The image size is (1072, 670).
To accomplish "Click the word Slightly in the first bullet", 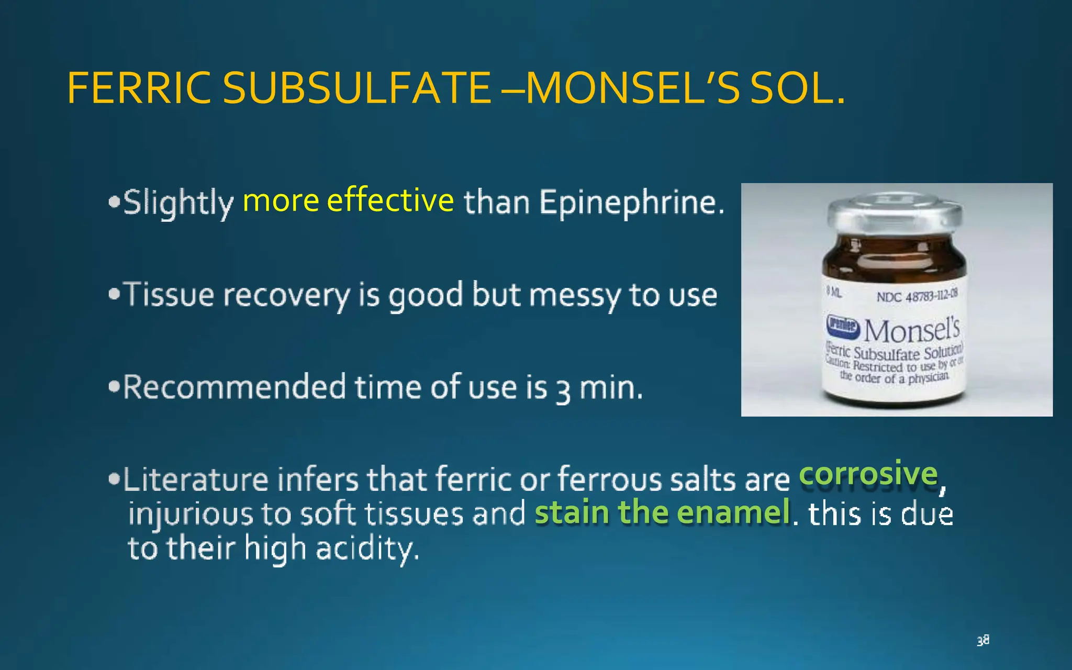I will click(x=178, y=203).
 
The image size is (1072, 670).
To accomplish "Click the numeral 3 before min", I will click(x=563, y=390).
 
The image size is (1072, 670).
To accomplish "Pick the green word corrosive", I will click(x=868, y=474).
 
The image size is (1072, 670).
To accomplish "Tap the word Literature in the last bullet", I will click(x=196, y=479).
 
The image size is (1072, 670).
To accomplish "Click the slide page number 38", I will click(x=982, y=640).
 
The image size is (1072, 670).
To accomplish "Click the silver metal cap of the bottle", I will click(x=894, y=212).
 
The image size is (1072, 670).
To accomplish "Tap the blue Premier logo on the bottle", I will click(x=842, y=325).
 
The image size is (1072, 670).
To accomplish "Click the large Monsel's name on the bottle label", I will click(x=911, y=330).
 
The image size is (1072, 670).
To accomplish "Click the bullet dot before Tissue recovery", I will click(x=114, y=294).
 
